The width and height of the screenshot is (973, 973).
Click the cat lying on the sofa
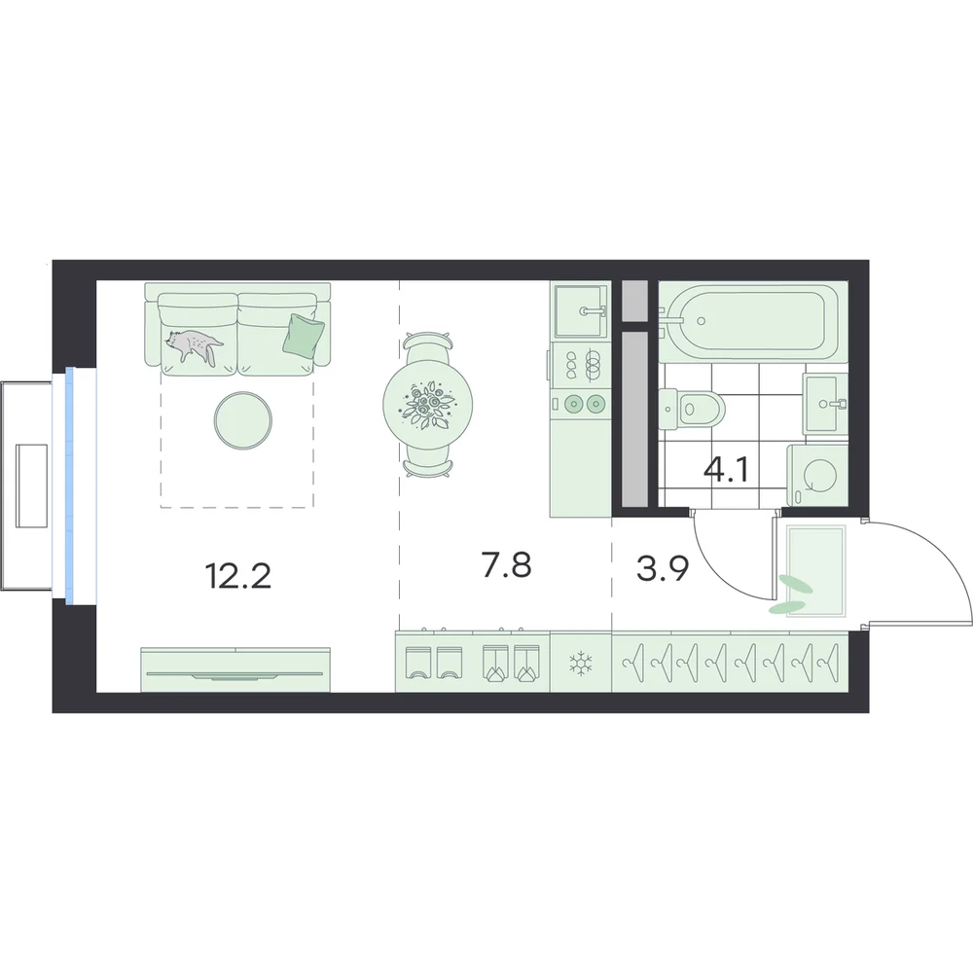click(x=195, y=345)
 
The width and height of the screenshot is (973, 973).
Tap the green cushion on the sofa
click(x=303, y=335)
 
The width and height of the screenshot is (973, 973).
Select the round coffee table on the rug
click(x=242, y=420)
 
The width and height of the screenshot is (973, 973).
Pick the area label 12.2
click(x=237, y=576)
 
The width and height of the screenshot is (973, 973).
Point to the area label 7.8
click(x=506, y=565)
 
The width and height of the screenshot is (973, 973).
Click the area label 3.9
click(x=663, y=568)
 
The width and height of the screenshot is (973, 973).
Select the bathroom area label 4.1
click(x=726, y=470)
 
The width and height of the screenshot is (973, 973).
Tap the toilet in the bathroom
click(x=691, y=409)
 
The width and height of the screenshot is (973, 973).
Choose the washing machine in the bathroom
click(x=817, y=476)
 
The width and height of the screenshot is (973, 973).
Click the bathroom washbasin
click(x=825, y=404)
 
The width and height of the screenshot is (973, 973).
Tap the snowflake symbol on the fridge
click(x=581, y=664)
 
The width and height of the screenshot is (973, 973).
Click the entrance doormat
click(x=815, y=571)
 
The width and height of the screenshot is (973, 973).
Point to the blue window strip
click(x=69, y=486)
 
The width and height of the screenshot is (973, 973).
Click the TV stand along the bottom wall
click(x=235, y=669)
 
